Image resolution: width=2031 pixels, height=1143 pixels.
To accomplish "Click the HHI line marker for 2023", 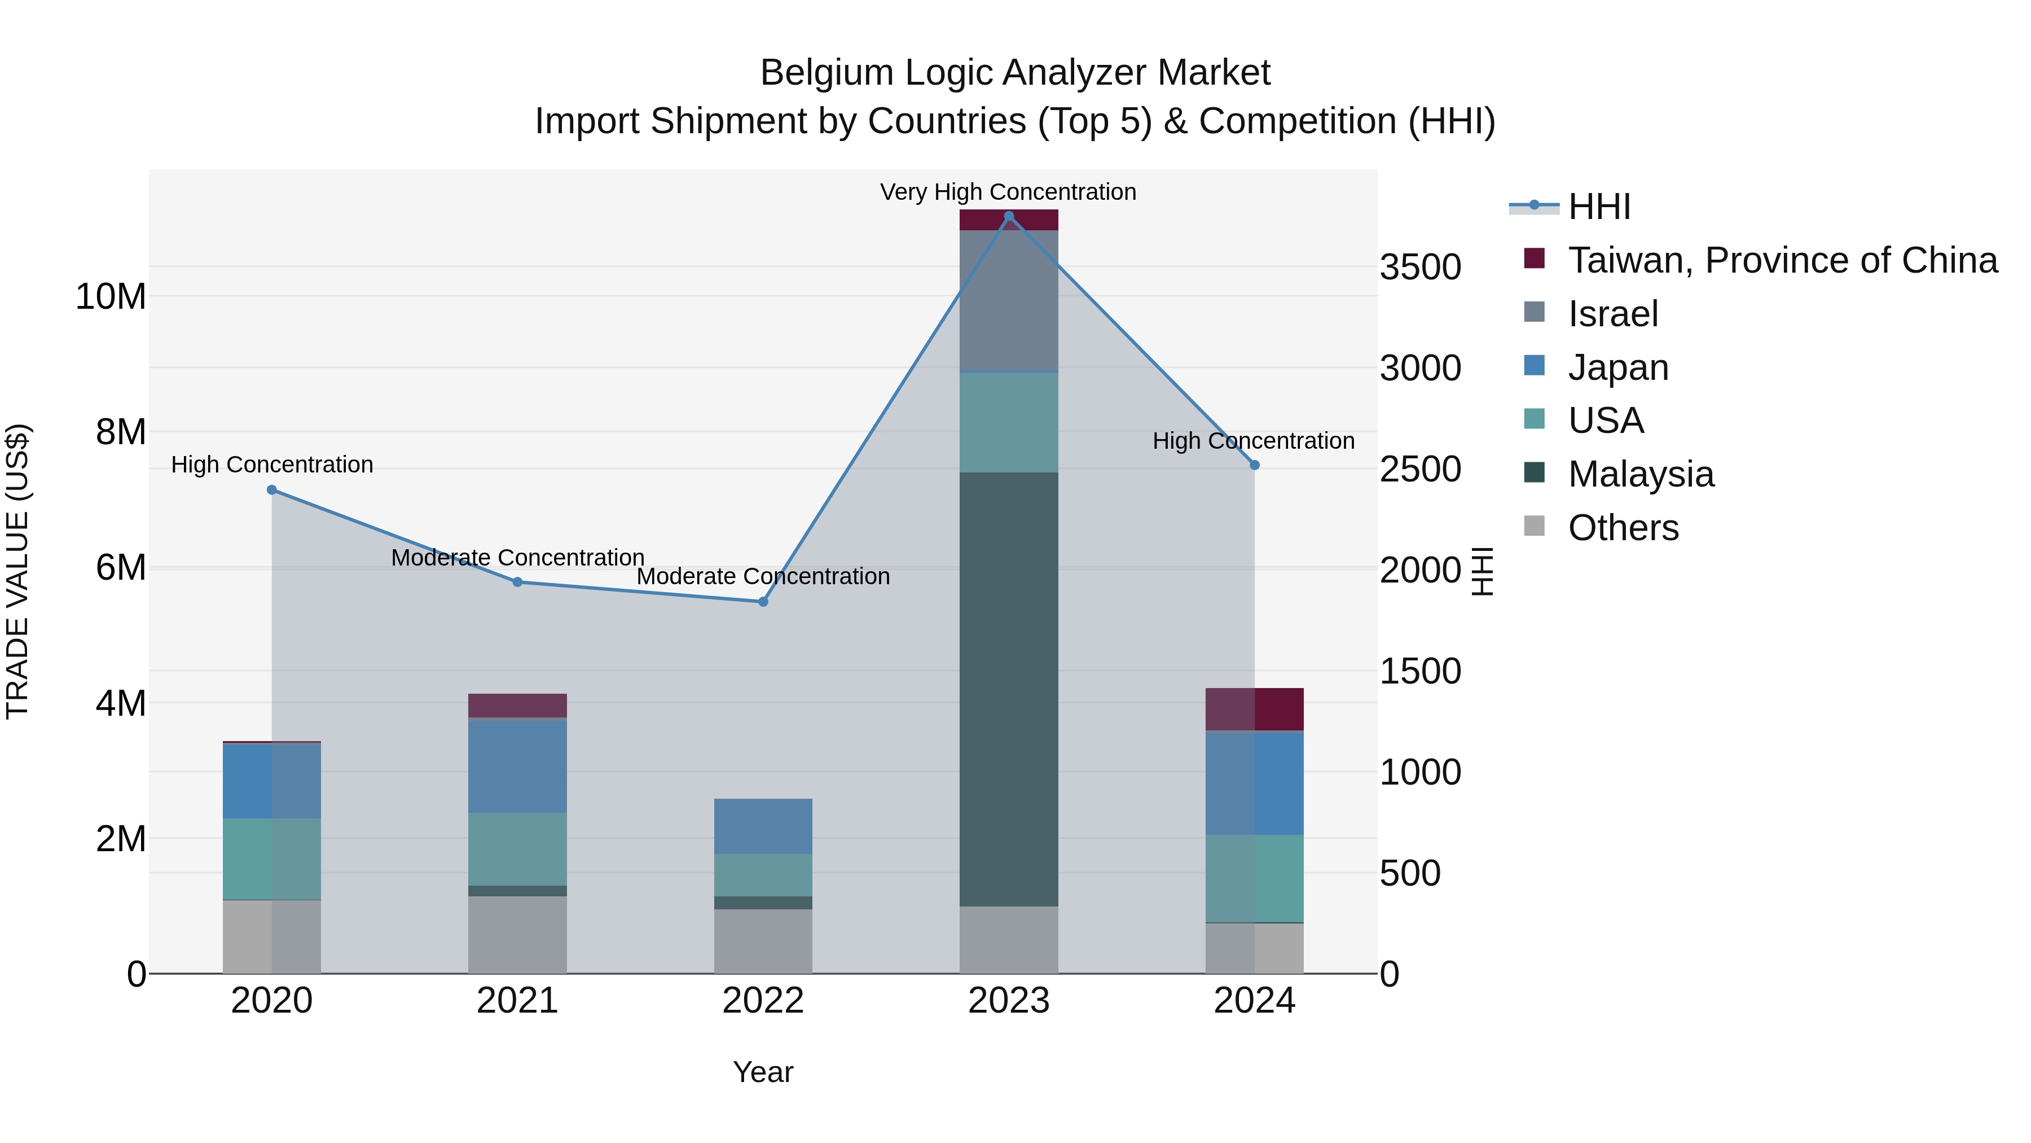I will click(1008, 216).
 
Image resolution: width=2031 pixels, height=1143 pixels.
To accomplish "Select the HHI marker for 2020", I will click(272, 490).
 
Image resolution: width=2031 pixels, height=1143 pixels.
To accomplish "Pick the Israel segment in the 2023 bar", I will click(1008, 300).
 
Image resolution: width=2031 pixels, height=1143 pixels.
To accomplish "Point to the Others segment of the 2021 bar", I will click(517, 935).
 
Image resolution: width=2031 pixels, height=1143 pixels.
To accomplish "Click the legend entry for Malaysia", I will click(1641, 474).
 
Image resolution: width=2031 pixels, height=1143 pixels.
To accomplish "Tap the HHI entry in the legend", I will click(1598, 207).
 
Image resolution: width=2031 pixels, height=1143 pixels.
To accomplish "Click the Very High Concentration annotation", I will click(1008, 192).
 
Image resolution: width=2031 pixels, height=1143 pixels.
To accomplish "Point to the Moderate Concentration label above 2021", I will click(517, 558).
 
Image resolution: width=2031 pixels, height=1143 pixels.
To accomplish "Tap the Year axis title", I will click(762, 1072).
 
